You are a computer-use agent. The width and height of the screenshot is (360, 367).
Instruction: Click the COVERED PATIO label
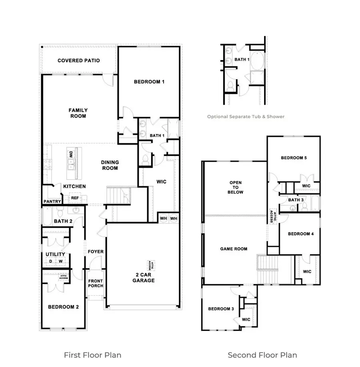(x=78, y=60)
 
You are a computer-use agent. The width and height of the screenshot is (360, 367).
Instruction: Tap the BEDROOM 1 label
(x=149, y=82)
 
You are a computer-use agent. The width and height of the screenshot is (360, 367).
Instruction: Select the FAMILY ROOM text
(x=78, y=113)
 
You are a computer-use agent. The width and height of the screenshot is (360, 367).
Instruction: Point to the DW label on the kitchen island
(x=71, y=154)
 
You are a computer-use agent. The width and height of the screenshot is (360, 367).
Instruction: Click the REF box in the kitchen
(x=75, y=198)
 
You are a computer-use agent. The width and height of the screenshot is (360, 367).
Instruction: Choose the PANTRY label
(x=52, y=201)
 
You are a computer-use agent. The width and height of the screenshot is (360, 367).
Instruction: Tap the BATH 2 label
(x=63, y=221)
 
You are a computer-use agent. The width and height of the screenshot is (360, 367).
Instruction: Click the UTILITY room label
(x=55, y=254)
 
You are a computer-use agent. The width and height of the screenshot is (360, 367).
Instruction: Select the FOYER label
(x=96, y=252)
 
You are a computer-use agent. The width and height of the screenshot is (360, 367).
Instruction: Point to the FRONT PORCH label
(x=96, y=283)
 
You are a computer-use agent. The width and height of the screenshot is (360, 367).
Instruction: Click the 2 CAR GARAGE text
(x=144, y=277)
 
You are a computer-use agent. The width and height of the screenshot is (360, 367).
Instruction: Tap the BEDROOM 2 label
(x=63, y=307)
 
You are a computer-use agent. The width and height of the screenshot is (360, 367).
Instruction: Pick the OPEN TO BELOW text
(x=236, y=187)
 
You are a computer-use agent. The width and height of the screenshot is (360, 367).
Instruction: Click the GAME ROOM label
(x=234, y=249)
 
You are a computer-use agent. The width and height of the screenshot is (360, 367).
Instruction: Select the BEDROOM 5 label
(x=294, y=158)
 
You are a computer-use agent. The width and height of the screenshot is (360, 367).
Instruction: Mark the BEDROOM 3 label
(x=221, y=309)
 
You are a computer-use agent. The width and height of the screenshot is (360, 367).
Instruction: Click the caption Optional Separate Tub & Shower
(x=246, y=117)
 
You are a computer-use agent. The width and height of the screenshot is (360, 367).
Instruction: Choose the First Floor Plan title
(x=92, y=355)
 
